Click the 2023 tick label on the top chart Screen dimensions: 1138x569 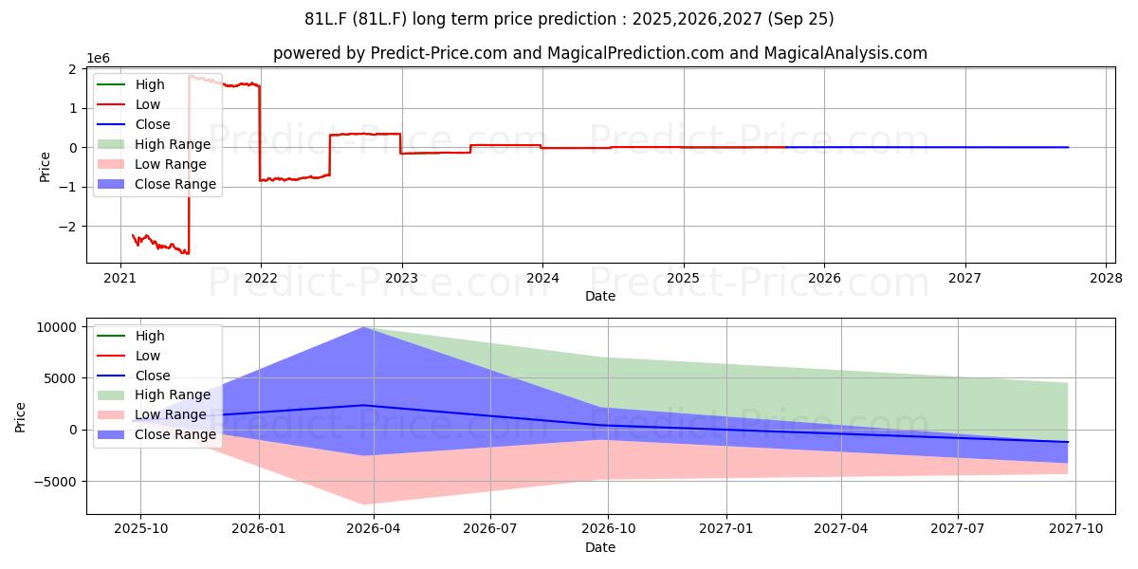pyautogui.click(x=401, y=279)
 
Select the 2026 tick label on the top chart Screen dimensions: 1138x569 pyautogui.click(x=824, y=279)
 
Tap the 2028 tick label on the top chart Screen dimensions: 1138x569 pyautogui.click(x=1106, y=279)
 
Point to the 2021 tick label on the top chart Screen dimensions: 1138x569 pyautogui.click(x=119, y=279)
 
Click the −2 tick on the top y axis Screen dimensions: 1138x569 pyautogui.click(x=68, y=227)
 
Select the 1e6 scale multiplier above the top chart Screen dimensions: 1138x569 pyautogui.click(x=98, y=59)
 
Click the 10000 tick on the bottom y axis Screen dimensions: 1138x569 pyautogui.click(x=57, y=328)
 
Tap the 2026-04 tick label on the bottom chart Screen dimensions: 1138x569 pyautogui.click(x=374, y=529)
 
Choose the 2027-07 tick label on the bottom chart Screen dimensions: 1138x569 pyautogui.click(x=958, y=529)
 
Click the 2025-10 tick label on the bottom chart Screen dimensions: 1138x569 pyautogui.click(x=140, y=529)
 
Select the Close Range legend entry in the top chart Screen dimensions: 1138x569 pyautogui.click(x=156, y=184)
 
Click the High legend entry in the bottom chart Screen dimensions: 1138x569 pyautogui.click(x=131, y=336)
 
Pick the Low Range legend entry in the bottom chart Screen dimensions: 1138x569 pyautogui.click(x=152, y=415)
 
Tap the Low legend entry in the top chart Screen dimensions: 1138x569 pyautogui.click(x=129, y=104)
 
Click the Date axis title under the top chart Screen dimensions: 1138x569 pyautogui.click(x=600, y=296)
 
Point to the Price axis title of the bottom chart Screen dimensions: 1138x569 pyautogui.click(x=20, y=417)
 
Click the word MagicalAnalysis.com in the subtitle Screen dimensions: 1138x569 pyautogui.click(x=845, y=53)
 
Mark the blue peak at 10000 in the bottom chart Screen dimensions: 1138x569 pyautogui.click(x=363, y=328)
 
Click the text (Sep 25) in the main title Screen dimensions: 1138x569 pyautogui.click(x=800, y=19)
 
